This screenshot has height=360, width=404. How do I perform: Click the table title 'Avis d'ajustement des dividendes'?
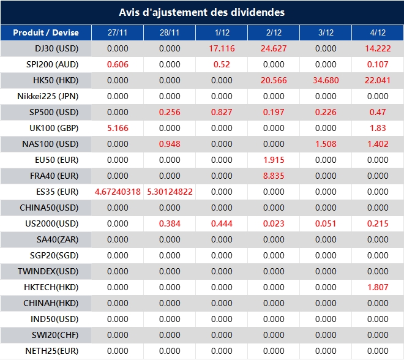[201, 12]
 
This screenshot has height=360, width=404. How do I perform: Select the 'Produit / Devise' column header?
[46, 33]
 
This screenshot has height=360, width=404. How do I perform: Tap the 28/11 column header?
[170, 33]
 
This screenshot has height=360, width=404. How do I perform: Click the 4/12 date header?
[378, 33]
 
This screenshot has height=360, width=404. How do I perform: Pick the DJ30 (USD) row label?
[54, 48]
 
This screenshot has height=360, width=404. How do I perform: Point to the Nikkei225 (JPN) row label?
[48, 96]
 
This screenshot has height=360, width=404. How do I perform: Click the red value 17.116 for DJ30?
[221, 48]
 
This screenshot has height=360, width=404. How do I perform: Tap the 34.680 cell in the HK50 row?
[326, 80]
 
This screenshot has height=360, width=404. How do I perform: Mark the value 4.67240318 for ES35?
[118, 192]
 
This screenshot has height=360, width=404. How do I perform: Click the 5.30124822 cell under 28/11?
[170, 192]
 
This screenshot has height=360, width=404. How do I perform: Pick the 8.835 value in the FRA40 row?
[273, 176]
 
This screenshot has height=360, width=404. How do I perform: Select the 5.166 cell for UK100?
[118, 128]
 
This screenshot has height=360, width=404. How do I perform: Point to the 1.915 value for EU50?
[273, 160]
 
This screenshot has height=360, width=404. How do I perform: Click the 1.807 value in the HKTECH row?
[378, 287]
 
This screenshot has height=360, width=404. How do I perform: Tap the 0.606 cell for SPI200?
[118, 64]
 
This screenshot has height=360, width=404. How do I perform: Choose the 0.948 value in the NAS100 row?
[170, 144]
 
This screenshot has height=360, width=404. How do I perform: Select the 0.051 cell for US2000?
[326, 223]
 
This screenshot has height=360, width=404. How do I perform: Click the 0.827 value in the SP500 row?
[221, 112]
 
